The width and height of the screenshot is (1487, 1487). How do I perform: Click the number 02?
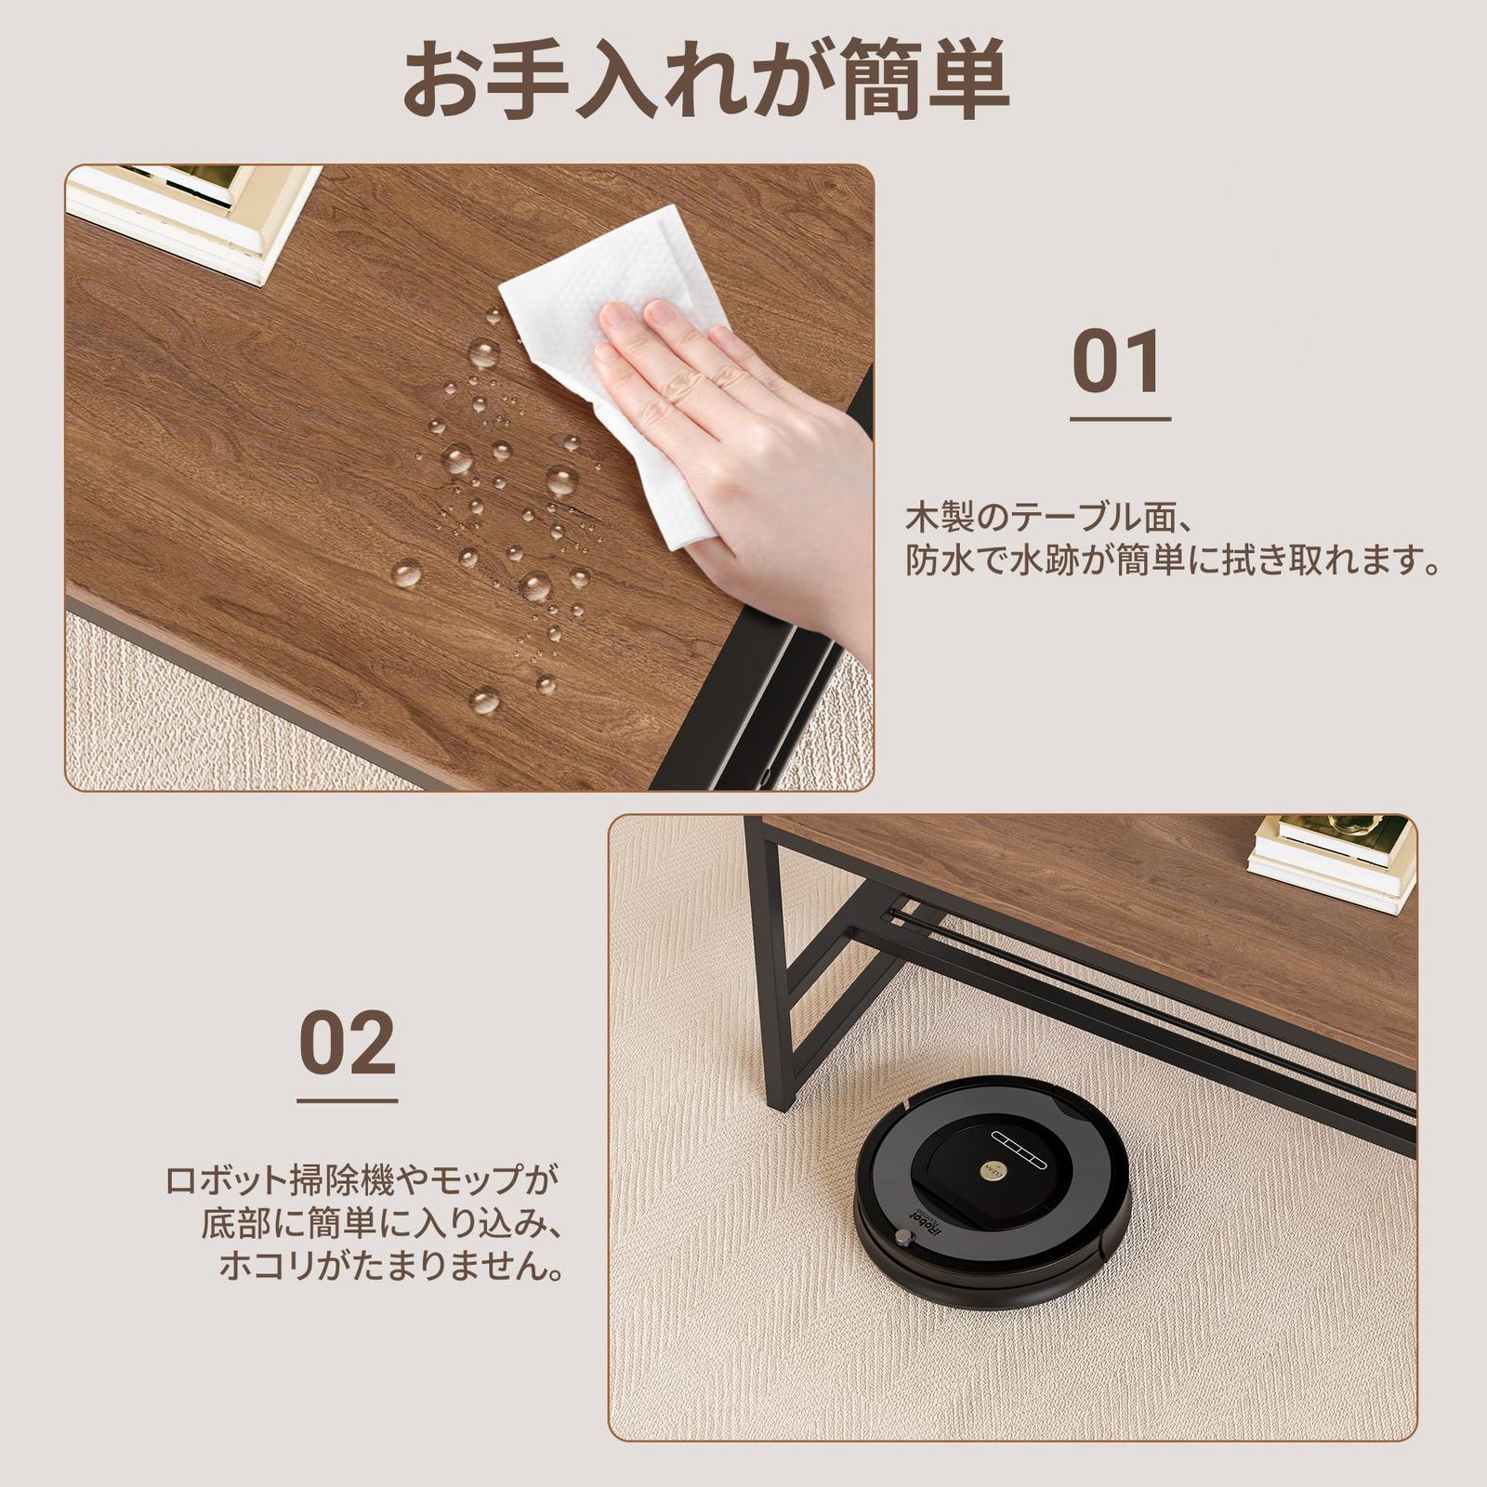click(348, 1043)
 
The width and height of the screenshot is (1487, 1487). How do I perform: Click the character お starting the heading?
click(446, 80)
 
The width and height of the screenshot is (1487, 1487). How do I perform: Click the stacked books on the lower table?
click(1331, 853)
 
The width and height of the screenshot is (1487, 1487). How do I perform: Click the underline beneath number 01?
click(1120, 418)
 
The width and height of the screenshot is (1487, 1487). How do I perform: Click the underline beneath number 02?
click(348, 1100)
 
